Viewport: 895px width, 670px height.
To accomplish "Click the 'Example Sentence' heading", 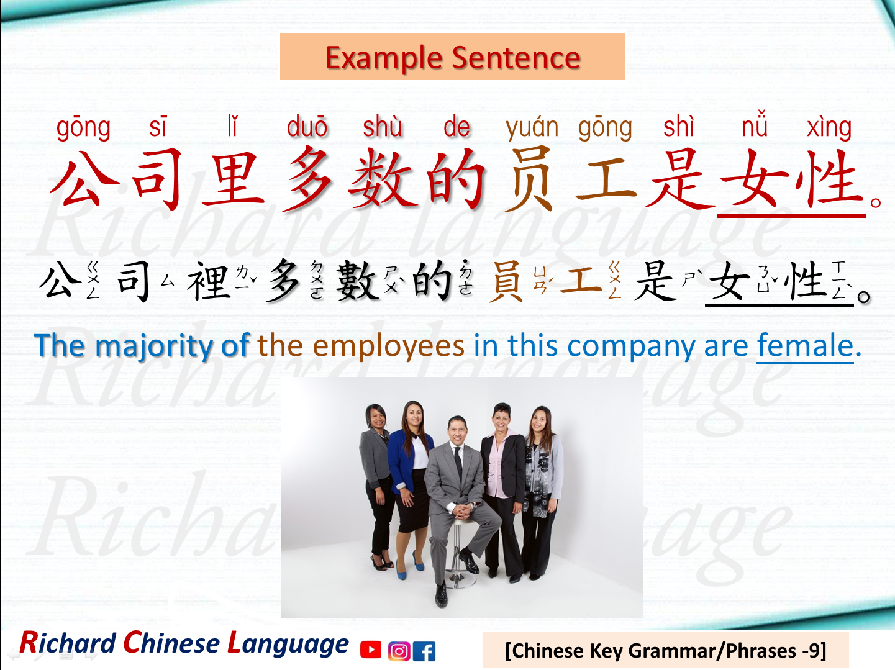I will point(452,57).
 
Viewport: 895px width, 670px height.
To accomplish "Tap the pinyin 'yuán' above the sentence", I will point(532,127).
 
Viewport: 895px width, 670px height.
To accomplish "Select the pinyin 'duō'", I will point(307,127).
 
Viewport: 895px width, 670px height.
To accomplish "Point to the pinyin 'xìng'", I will point(829,127).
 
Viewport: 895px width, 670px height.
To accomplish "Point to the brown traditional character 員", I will point(506,281).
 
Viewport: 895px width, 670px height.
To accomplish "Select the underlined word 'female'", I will point(805,346).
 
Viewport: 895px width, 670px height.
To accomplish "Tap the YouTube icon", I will point(371,650).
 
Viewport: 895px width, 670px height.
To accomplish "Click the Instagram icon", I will point(399,651).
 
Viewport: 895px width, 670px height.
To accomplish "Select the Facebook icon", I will point(424,651).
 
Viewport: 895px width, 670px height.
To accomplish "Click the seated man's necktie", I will point(458,460).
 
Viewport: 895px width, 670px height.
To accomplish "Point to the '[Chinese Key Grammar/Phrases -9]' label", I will point(665,650).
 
